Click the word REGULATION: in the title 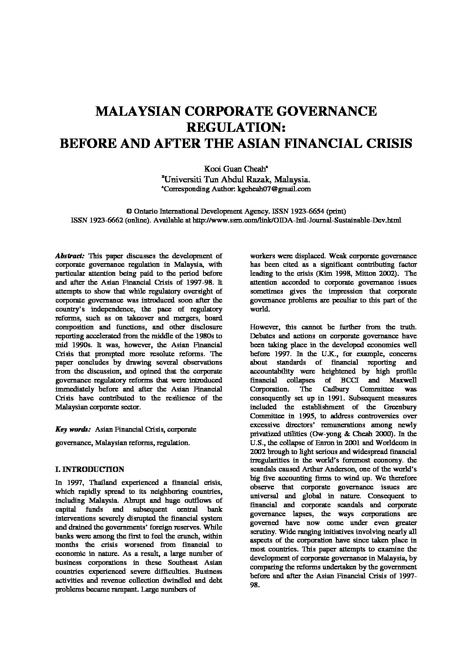point(236,127)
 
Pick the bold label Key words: point(72,429)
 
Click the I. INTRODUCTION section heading point(89,470)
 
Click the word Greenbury point(400,407)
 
